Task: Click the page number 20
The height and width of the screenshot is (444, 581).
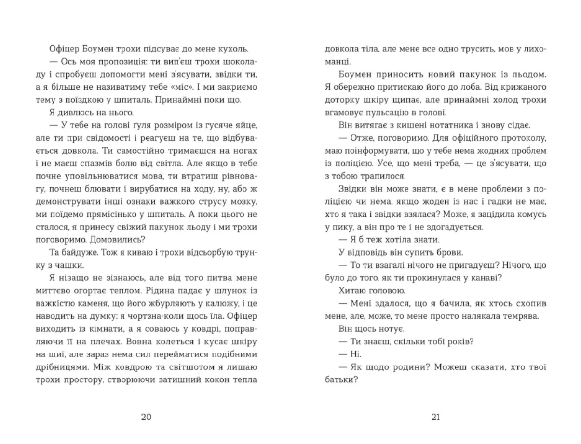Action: tap(146, 417)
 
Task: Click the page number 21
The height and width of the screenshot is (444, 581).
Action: tap(435, 417)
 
